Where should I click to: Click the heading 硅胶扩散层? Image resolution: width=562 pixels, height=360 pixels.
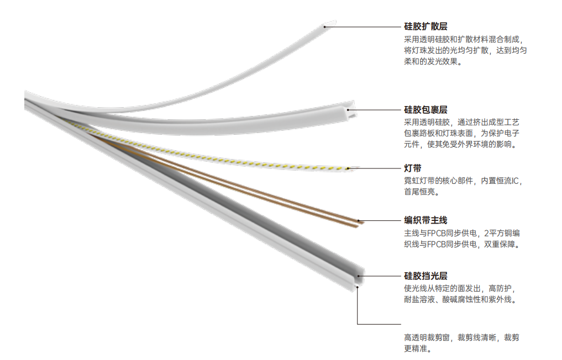[426, 27]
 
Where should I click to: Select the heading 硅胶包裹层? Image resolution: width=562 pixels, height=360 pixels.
[426, 110]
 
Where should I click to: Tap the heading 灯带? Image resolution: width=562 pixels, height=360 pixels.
[413, 168]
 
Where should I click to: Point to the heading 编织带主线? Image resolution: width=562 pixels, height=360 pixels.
[426, 220]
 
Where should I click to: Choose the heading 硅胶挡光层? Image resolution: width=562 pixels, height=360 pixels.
[426, 276]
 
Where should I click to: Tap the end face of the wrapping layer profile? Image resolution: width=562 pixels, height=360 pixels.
[351, 110]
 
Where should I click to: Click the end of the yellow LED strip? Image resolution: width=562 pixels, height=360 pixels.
[351, 168]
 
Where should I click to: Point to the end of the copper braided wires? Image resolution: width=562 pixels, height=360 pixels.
[360, 223]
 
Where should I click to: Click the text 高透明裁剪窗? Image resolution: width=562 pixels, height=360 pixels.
[427, 337]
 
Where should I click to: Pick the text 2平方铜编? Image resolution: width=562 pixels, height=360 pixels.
[502, 233]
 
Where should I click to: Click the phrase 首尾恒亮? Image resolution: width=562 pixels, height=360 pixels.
[419, 192]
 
